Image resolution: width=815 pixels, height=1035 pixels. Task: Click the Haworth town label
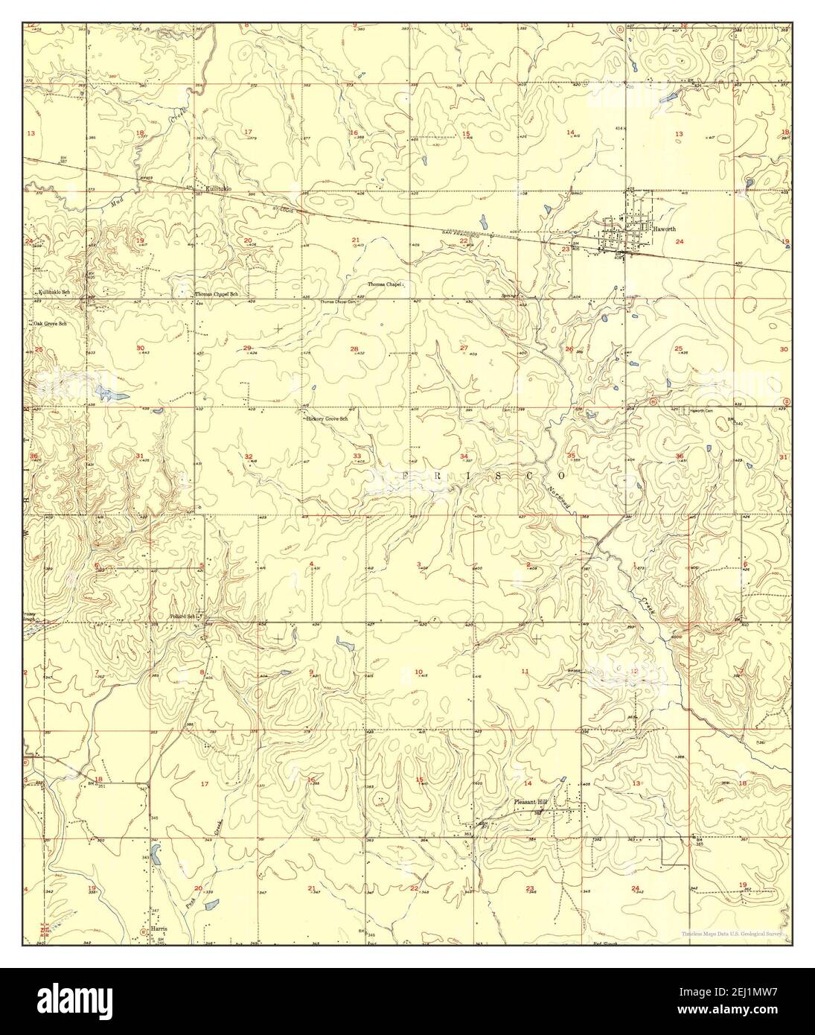coord(664,229)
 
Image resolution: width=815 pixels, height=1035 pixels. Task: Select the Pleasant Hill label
coord(531,802)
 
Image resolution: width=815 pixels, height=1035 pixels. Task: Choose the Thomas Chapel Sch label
coord(216,294)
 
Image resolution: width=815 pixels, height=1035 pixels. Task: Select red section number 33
coord(357,456)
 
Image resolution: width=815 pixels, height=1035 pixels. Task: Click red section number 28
coord(354,348)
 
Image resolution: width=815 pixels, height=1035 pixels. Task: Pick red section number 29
coord(247,348)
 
